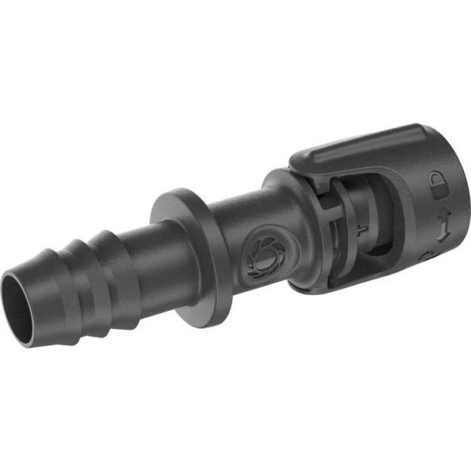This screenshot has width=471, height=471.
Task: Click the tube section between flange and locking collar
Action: pyautogui.click(x=235, y=228)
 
